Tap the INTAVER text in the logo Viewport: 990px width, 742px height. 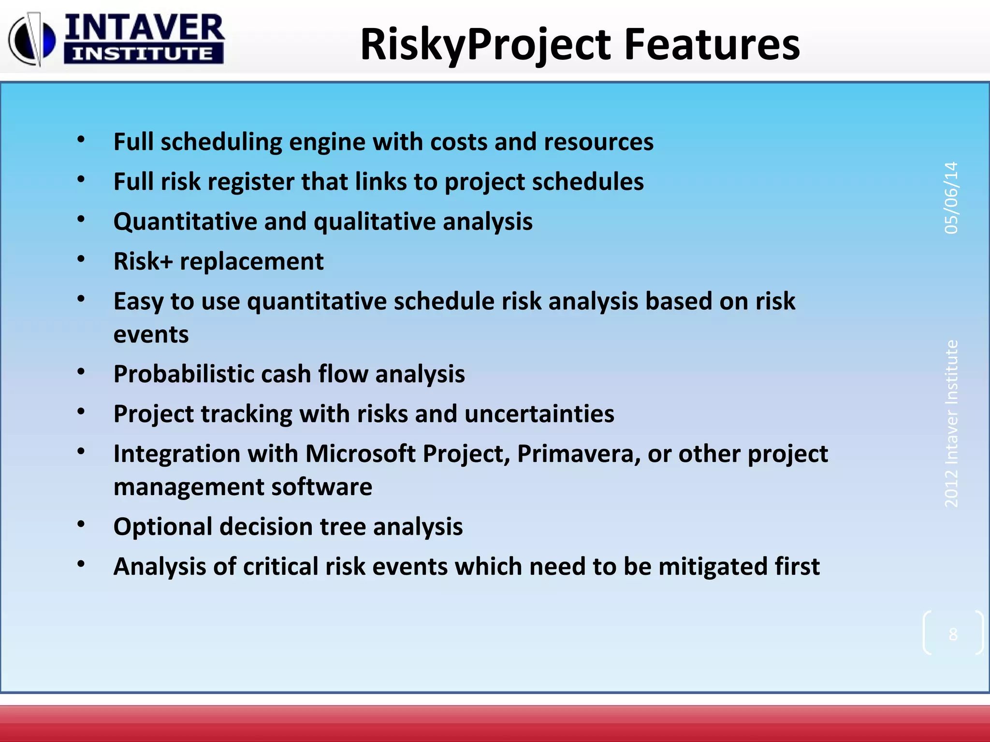(x=144, y=28)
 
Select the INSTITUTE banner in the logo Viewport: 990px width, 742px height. (x=143, y=54)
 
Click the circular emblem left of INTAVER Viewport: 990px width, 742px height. (x=32, y=40)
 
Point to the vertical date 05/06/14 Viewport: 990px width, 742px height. (x=951, y=198)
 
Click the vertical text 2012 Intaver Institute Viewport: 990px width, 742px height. (x=951, y=423)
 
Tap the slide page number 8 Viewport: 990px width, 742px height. (x=953, y=634)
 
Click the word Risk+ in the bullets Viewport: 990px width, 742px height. (x=143, y=261)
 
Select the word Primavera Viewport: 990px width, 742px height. (x=579, y=454)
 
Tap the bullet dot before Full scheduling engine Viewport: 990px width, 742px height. (x=81, y=140)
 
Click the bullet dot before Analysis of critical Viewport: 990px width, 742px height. (x=81, y=564)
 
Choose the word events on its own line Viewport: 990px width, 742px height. (x=151, y=334)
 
